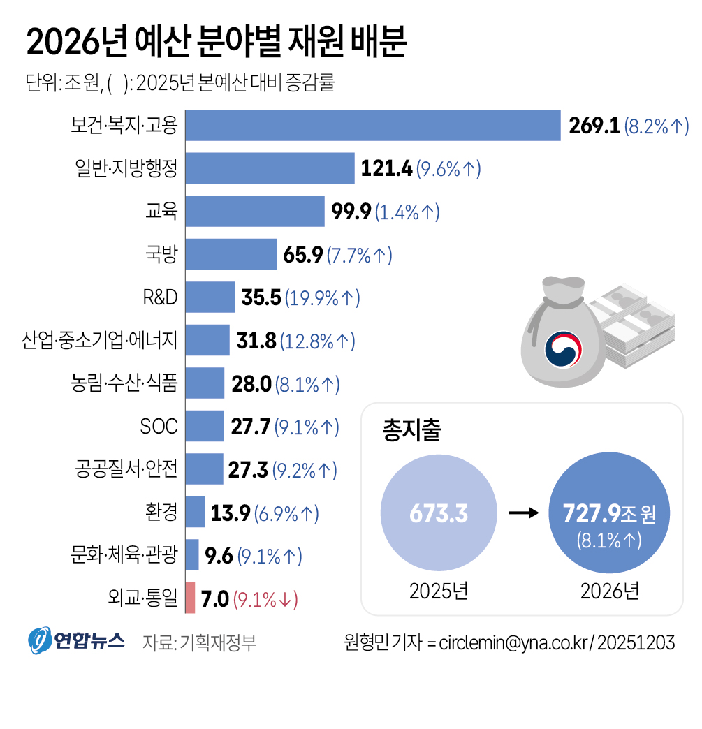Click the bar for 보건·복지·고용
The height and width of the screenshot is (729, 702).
tap(373, 126)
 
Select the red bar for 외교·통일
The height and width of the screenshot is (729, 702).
tap(190, 598)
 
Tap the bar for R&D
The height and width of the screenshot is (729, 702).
tap(210, 297)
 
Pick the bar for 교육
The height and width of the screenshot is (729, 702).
tap(255, 212)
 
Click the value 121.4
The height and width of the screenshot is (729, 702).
tap(386, 169)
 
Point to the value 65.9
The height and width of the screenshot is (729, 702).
tap(302, 255)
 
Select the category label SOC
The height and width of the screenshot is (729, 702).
tap(159, 427)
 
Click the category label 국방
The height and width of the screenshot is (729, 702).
tap(161, 255)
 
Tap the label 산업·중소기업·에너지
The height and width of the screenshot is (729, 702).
tap(101, 341)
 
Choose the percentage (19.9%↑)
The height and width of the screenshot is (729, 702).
tap(322, 298)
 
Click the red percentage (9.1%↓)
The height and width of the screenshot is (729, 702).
tap(265, 599)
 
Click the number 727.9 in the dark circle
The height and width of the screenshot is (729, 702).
tap(591, 514)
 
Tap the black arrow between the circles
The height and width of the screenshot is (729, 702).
tap(523, 514)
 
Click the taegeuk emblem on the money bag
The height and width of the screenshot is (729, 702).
tap(564, 349)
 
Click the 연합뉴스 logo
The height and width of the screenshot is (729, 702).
tap(77, 640)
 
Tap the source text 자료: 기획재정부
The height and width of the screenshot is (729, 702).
tap(199, 642)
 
